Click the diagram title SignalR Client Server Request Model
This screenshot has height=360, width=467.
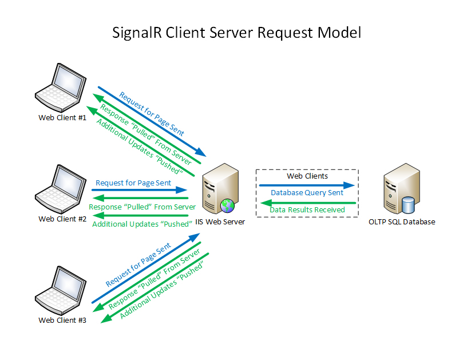click(236, 32)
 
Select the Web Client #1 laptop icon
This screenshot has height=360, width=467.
click(61, 88)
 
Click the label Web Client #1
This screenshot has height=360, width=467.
click(62, 118)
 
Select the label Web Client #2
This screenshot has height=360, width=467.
click(62, 219)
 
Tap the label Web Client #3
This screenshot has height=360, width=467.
click(62, 321)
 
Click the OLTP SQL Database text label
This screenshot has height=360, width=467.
click(402, 222)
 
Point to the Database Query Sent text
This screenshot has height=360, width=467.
click(307, 193)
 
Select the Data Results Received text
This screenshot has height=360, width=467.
click(307, 210)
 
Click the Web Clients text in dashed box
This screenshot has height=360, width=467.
click(307, 176)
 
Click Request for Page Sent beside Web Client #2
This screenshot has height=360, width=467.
click(133, 183)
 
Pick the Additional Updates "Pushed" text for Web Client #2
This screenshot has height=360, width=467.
click(141, 224)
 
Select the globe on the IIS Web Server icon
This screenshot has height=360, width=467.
click(227, 204)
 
